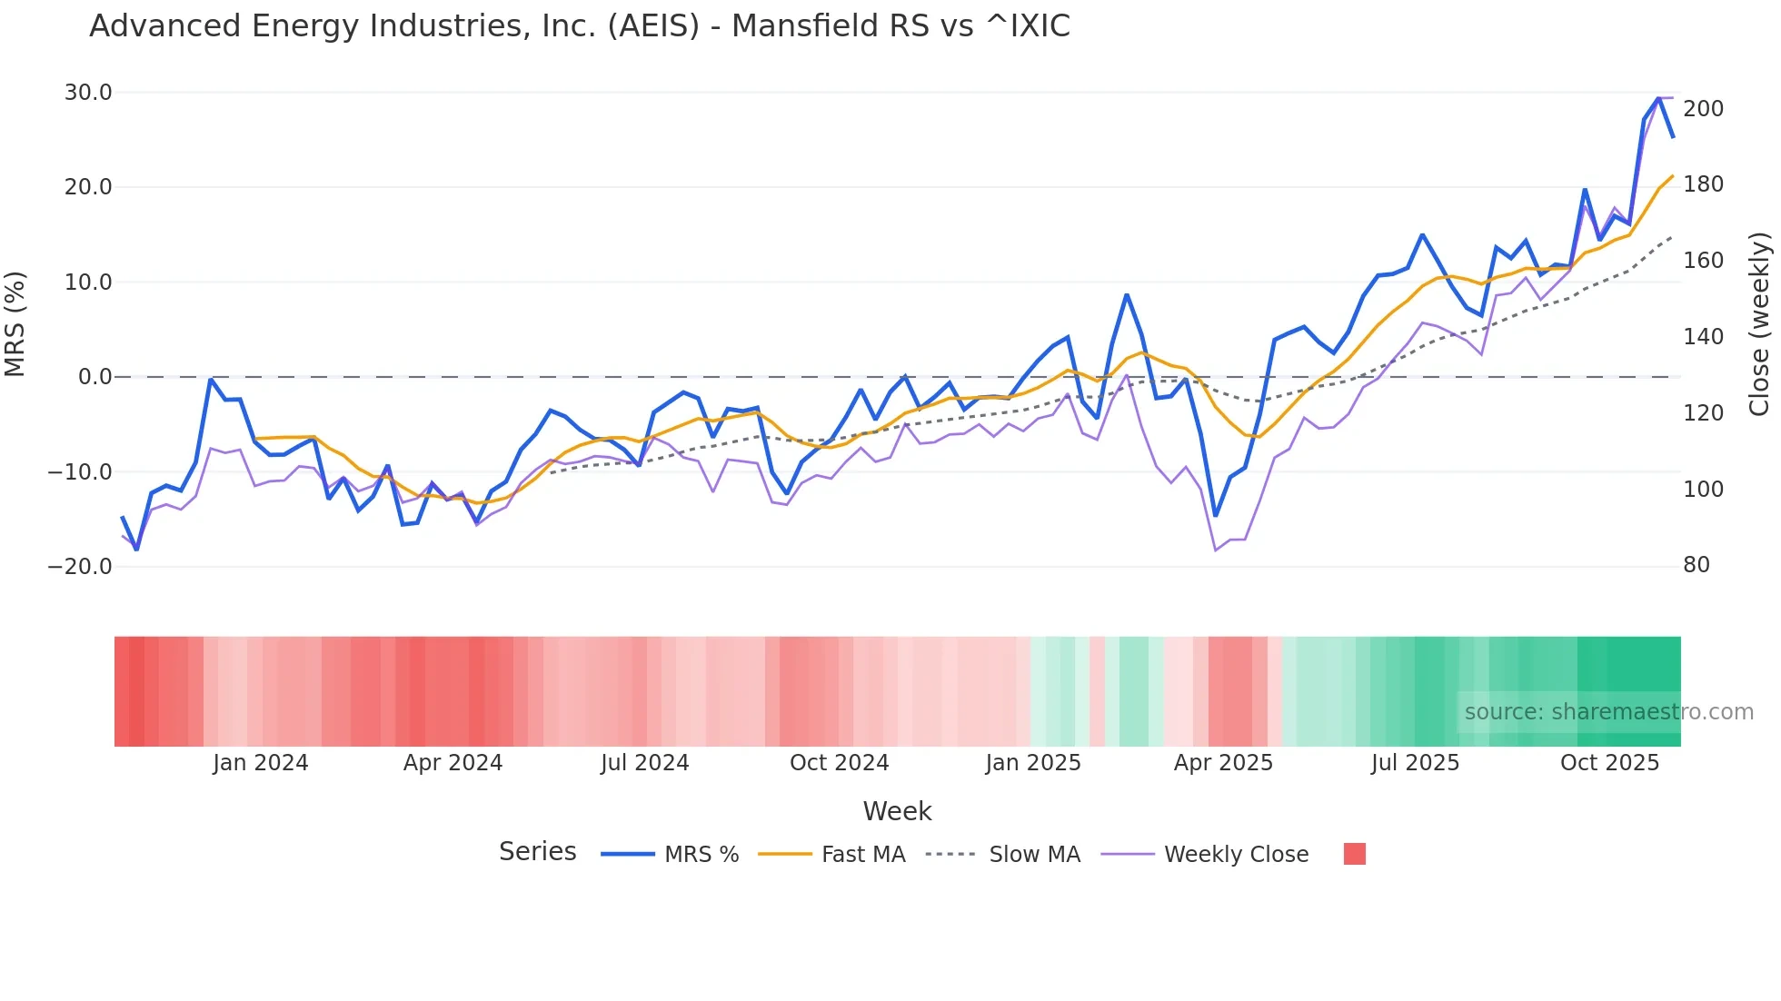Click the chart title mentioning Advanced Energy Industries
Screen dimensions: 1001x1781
coord(580,26)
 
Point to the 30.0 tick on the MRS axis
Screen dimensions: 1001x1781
coord(88,93)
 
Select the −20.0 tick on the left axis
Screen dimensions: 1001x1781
coord(80,567)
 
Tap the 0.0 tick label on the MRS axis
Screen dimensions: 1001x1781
coord(95,377)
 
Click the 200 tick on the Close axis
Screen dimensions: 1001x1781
coord(1703,109)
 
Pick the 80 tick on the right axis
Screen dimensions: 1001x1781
coord(1696,565)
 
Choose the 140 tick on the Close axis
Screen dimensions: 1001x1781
coord(1703,337)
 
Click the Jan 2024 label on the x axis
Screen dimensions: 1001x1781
coord(261,763)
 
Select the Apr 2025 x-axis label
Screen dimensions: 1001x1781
coord(1223,763)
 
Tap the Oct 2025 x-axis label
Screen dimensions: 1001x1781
coord(1609,763)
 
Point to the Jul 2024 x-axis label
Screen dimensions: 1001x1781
coord(645,763)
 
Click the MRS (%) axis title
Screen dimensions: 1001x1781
coord(15,324)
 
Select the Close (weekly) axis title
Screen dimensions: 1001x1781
coord(1759,324)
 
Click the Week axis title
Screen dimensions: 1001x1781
coord(897,811)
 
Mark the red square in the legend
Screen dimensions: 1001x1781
coord(1354,854)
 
